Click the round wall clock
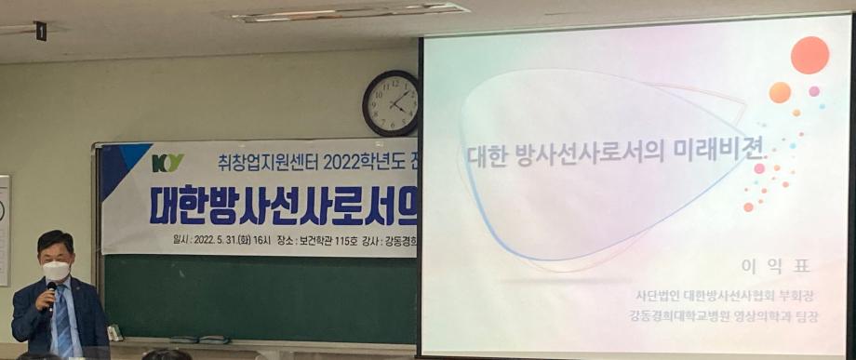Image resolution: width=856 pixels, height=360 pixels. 390,102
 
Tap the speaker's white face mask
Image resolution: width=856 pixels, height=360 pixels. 57,271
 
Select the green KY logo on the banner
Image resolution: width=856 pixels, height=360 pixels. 167,163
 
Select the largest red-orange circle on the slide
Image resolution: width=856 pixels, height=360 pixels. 809,55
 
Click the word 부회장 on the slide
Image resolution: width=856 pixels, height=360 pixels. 807,295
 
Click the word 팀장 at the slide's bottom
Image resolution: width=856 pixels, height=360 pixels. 816,316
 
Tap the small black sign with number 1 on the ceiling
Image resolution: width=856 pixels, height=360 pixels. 40,31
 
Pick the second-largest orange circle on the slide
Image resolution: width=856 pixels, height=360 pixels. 780,92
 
